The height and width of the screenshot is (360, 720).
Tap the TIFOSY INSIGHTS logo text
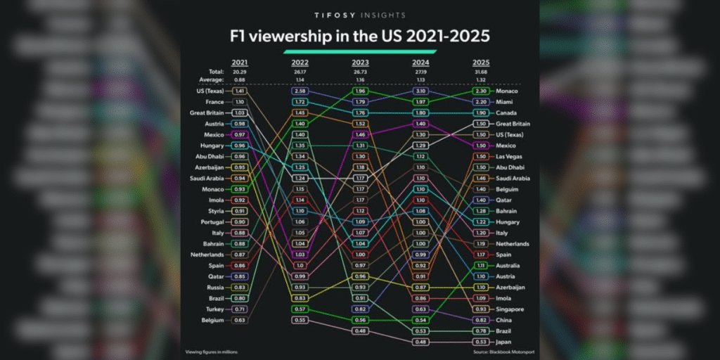point(360,14)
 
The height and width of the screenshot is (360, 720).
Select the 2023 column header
point(361,63)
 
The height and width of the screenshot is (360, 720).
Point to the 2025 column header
point(482,63)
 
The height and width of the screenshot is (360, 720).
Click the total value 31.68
point(482,72)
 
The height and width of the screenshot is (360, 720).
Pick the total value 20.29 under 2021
point(240,72)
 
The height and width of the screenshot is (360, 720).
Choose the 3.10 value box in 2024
point(421,91)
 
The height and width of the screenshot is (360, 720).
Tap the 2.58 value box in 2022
point(300,91)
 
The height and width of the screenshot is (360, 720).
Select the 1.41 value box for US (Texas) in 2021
point(240,91)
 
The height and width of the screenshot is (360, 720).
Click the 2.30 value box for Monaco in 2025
point(482,91)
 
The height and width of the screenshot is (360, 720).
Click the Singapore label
point(511,309)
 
